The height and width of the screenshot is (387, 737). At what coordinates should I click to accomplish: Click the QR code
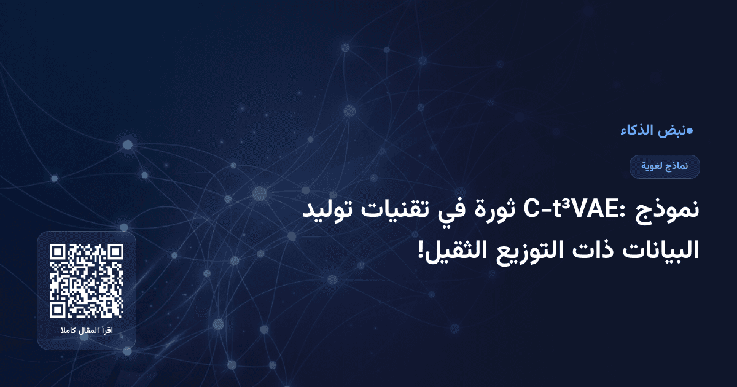(87, 281)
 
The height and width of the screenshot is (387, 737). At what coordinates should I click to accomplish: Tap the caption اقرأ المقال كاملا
(87, 332)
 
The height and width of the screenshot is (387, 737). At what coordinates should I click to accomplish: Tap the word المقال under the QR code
(86, 332)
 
